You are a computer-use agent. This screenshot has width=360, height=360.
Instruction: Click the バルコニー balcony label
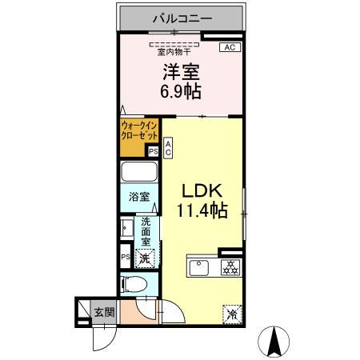[x=180, y=17]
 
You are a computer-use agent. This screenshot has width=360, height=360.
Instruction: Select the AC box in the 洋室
[x=229, y=48]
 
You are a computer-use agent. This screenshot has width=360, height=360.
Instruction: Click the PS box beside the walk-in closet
[x=153, y=150]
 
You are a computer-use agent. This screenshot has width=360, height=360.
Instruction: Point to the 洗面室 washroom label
[x=147, y=230]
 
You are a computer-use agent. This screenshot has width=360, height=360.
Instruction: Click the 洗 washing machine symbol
[x=145, y=258]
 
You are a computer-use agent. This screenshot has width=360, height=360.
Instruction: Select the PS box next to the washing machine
[x=126, y=257]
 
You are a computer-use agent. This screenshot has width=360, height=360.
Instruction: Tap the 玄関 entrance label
[x=102, y=312]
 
